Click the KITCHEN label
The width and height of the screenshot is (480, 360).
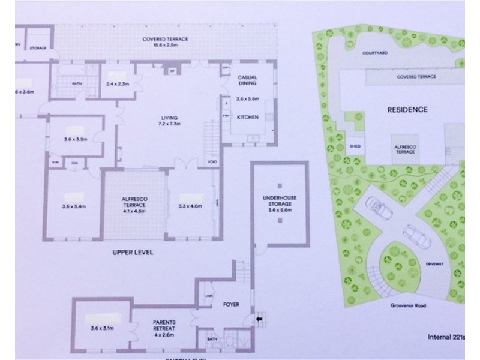[248, 117]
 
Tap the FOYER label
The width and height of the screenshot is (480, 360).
[230, 305]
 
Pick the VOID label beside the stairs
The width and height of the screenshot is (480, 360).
[211, 161]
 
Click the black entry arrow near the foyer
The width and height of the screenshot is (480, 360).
[259, 320]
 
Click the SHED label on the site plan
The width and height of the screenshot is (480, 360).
[355, 146]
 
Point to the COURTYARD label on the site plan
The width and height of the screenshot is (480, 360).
[374, 53]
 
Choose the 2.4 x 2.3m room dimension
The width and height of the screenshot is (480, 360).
[116, 85]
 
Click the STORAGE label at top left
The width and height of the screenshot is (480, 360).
[39, 47]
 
